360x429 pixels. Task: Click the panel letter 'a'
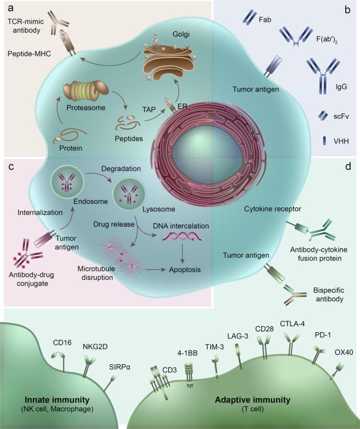coord(10,9)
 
